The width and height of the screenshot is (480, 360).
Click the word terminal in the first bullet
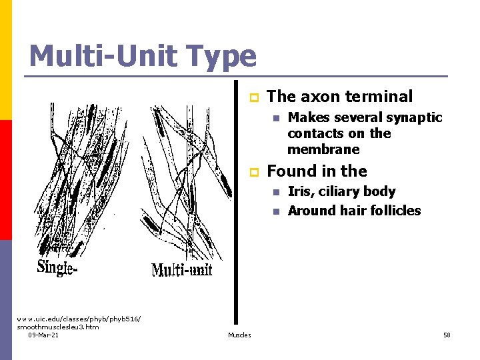381,97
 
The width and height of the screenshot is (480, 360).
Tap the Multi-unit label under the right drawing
182,269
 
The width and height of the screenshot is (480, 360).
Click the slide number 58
447,335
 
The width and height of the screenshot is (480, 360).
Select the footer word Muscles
239,335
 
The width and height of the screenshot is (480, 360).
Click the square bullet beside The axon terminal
253,97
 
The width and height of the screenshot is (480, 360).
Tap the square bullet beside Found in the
253,172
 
